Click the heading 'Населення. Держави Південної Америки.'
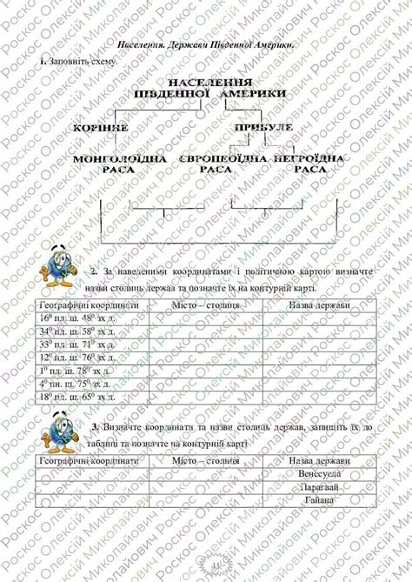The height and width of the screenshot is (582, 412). pyautogui.click(x=206, y=44)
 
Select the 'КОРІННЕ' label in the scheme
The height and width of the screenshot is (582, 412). pyautogui.click(x=102, y=127)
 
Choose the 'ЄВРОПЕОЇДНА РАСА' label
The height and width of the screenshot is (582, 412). pyautogui.click(x=212, y=163)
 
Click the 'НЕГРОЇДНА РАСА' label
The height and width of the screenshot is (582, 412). pyautogui.click(x=309, y=163)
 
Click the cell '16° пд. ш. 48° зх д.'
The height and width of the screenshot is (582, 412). pyautogui.click(x=80, y=318)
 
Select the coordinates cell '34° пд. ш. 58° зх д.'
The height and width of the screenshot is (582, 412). pyautogui.click(x=80, y=331)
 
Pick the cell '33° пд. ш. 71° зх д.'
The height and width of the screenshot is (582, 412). pyautogui.click(x=80, y=345)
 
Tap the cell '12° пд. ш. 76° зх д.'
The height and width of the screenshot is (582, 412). pyautogui.click(x=80, y=358)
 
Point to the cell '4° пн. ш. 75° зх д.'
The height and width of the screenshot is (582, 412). pyautogui.click(x=79, y=384)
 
